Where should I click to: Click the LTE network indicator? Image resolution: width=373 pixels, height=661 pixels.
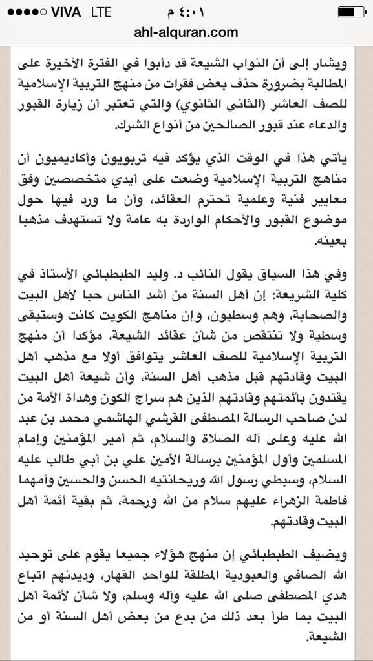point(100,12)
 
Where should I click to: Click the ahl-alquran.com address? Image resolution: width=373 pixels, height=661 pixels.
point(186,32)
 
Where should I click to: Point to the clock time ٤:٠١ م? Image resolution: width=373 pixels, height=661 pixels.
point(186,12)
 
